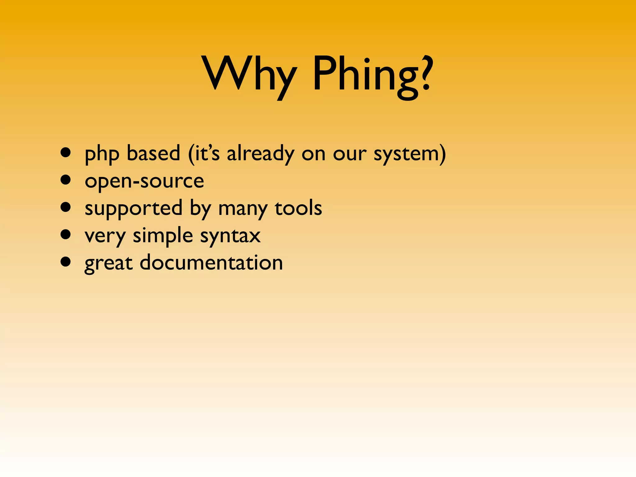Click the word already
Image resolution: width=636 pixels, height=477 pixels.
click(x=261, y=154)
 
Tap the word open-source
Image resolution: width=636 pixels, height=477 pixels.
click(x=144, y=181)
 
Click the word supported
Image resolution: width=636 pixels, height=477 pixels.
click(x=134, y=209)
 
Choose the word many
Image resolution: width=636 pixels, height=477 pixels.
click(x=243, y=209)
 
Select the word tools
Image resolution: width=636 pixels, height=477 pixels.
click(x=298, y=208)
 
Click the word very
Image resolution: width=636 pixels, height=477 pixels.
click(x=105, y=237)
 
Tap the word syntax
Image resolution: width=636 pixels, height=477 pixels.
click(x=230, y=237)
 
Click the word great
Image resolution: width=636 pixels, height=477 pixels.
click(x=109, y=264)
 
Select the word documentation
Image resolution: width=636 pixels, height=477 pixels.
click(x=211, y=262)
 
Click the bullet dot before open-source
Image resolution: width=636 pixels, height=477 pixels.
click(x=66, y=180)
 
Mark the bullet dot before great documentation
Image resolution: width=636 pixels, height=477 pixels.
click(x=66, y=262)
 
